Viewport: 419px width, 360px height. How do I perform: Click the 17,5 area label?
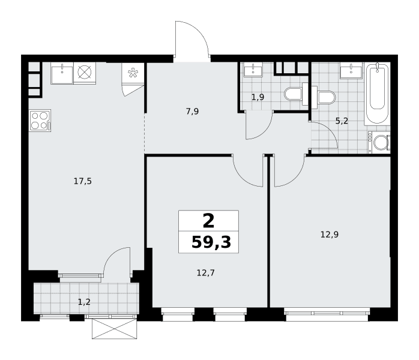83,182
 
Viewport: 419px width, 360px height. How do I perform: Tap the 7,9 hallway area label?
193,112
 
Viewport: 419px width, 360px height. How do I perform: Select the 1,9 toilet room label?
258,97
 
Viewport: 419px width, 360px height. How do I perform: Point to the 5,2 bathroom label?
342,121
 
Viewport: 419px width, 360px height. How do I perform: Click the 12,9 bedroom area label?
330,235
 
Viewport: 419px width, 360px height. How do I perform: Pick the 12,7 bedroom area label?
206,273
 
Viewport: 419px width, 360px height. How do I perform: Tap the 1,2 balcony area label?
84,302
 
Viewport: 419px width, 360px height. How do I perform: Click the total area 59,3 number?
211,242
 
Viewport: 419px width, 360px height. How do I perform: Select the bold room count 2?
208,221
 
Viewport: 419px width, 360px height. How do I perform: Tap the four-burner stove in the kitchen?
40,121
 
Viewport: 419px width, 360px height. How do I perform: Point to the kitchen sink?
62,73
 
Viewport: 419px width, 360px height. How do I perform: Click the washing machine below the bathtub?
379,142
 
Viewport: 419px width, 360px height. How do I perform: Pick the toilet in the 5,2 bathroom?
323,97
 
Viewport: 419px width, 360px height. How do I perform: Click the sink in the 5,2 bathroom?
351,71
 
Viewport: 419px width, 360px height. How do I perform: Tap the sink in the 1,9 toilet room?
253,70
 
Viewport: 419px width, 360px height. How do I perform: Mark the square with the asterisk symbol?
133,73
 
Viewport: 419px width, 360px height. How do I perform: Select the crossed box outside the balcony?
115,329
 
